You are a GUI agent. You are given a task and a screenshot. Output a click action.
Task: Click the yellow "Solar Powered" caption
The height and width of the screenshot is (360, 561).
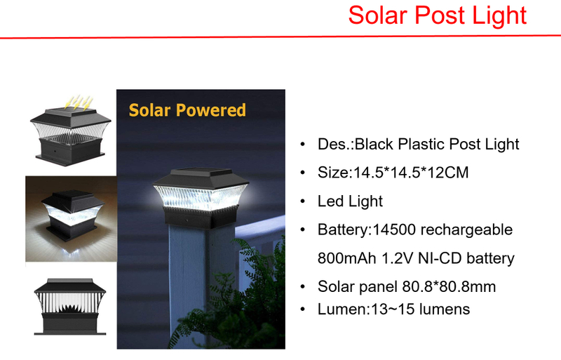(x=187, y=110)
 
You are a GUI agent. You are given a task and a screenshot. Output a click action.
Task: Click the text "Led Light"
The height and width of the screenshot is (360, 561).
(x=350, y=201)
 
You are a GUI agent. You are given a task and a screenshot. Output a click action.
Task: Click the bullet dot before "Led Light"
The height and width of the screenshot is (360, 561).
(x=302, y=202)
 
